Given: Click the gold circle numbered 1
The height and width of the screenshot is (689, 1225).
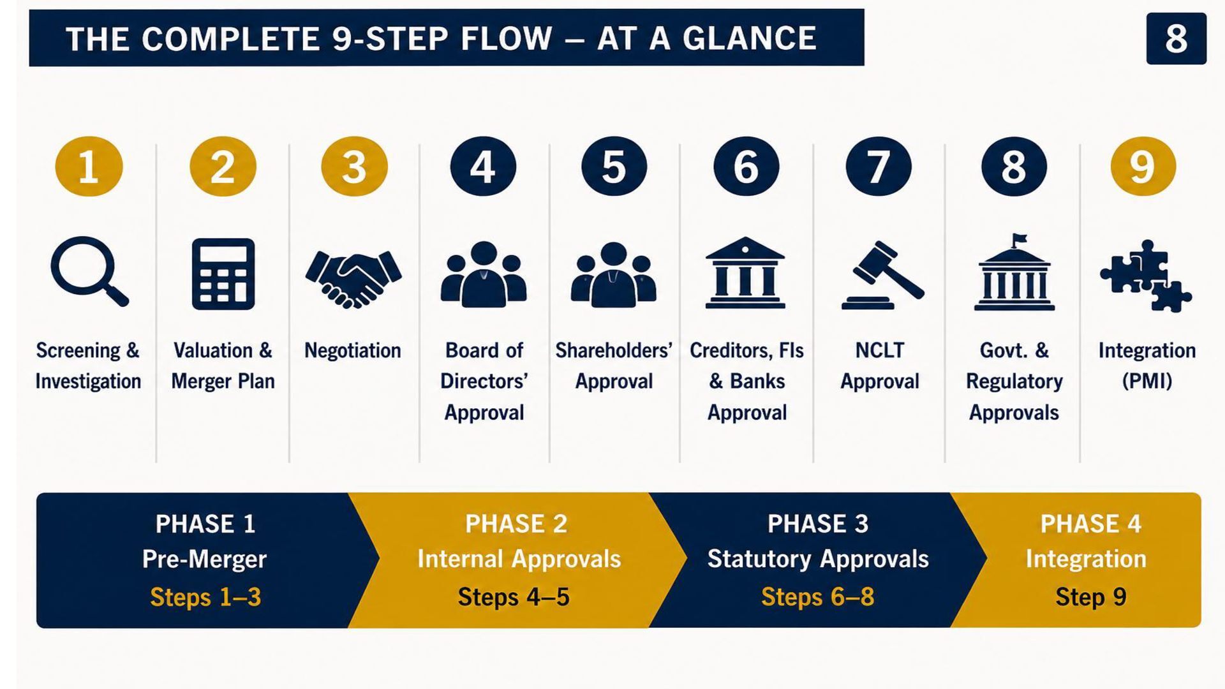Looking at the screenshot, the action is pos(89,167).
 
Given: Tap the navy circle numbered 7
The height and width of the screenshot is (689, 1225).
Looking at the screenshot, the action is pos(879,167).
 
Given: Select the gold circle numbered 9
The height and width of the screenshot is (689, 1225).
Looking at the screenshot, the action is pos(1143,167).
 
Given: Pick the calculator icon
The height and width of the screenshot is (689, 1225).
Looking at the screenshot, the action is pos(223,274).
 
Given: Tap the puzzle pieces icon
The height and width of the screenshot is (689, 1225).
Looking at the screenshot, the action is pos(1146,276).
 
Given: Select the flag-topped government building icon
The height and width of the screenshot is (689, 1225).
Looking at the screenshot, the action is pos(1014,272).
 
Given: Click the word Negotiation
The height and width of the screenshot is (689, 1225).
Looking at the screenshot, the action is pos(352,350).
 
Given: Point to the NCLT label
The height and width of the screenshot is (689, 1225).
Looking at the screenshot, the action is pos(879,350).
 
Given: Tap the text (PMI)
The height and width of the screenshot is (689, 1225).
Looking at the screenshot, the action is pos(1147,382).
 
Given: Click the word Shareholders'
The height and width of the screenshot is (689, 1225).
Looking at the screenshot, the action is pos(613,350).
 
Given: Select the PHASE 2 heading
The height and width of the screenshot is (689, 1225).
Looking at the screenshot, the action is pos(516,524).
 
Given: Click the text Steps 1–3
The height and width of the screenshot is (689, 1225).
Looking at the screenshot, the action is pos(205,597).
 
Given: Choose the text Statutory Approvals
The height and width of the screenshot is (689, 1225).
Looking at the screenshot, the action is pos(818,559).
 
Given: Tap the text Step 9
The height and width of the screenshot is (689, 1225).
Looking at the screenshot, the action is pos(1090,597).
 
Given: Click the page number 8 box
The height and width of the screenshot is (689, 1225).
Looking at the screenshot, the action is pos(1176,39).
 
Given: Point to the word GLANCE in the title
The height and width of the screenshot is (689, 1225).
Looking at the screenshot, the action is pos(750,38).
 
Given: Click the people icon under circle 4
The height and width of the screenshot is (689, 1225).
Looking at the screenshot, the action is pos(484,274).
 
